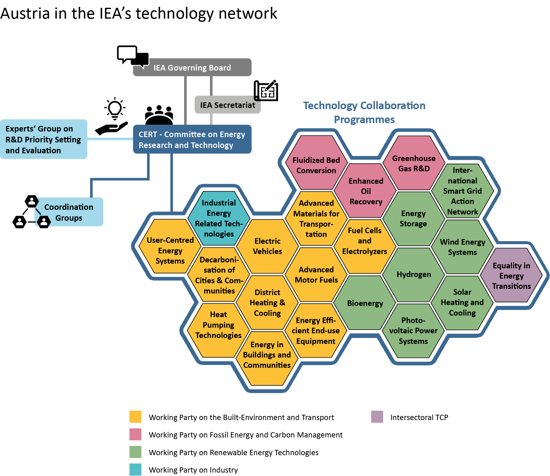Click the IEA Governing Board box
[x=192, y=67]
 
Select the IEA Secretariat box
[x=227, y=105]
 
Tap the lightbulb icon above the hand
[x=115, y=109]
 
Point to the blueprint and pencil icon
[x=266, y=91]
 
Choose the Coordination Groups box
[x=69, y=212]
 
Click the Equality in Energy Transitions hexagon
[x=511, y=275]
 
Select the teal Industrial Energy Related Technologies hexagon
[x=219, y=218]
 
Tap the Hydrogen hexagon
[x=414, y=275]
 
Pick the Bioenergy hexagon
[x=365, y=303]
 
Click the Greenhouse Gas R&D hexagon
[x=414, y=163]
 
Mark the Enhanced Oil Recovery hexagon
[x=366, y=191]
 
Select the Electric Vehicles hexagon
[x=267, y=246]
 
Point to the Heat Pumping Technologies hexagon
[x=218, y=325]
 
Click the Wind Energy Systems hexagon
[x=462, y=247]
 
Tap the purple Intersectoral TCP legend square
[x=377, y=417]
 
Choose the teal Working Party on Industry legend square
[x=135, y=469]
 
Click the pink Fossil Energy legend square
[x=135, y=434]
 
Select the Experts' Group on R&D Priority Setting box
[x=44, y=139]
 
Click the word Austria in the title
[x=25, y=14]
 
